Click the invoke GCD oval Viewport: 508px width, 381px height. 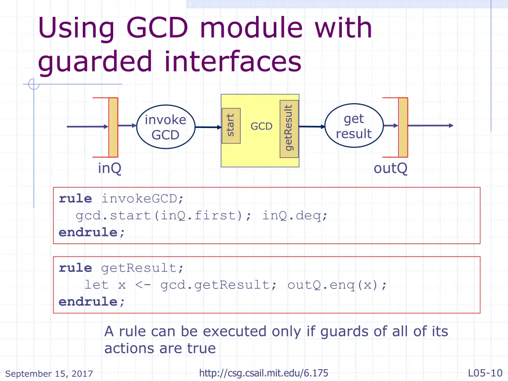165,127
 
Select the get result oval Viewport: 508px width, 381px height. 353,126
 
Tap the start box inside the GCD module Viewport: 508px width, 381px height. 231,126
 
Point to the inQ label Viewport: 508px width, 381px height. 109,169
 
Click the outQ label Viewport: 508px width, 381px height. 390,169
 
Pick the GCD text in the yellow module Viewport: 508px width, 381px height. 261,127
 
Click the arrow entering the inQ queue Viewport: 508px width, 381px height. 87,127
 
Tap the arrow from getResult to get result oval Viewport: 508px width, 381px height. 311,127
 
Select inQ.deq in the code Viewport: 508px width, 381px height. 295,216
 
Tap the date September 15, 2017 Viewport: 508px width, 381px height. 49,374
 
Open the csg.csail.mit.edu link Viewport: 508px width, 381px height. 263,373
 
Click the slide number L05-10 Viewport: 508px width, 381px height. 485,373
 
